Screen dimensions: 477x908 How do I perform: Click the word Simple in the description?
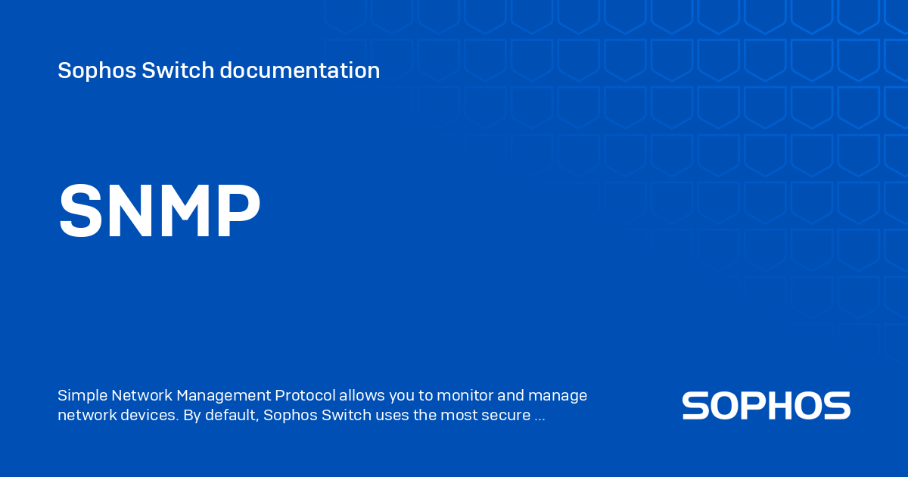82,395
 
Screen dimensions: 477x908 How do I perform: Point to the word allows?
361,395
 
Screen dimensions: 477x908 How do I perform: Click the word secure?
506,416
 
